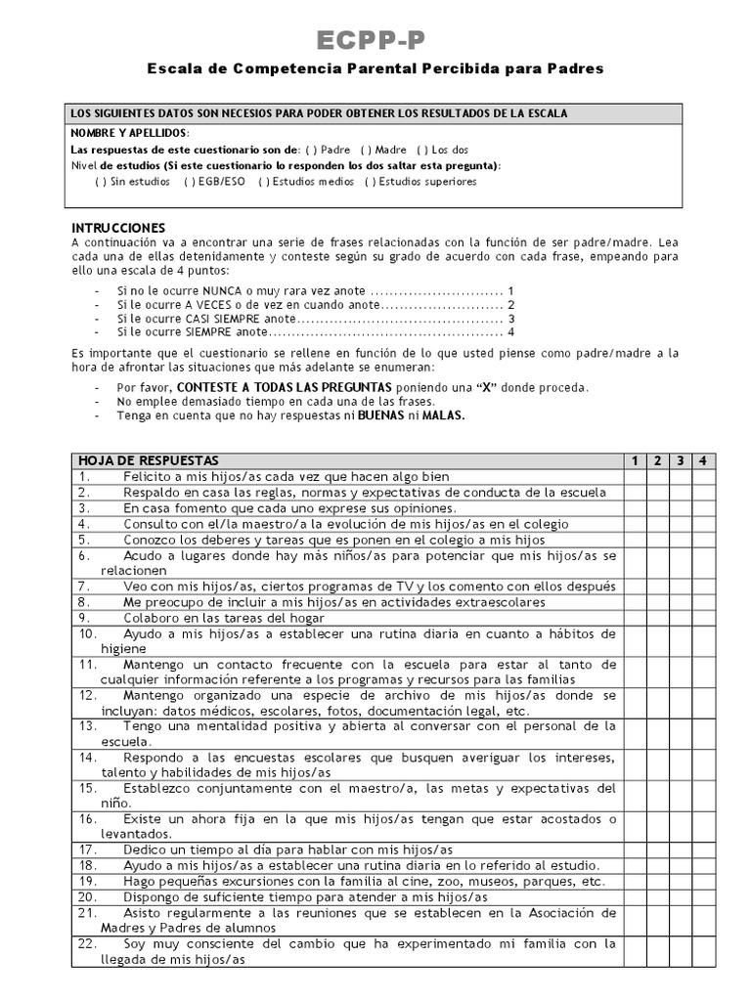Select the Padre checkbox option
(x=310, y=150)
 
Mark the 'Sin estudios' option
(x=100, y=181)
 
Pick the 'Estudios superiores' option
(x=370, y=181)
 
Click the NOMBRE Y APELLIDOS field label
(x=130, y=133)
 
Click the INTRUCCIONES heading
(x=117, y=227)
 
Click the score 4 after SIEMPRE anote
(x=511, y=332)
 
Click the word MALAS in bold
(x=444, y=415)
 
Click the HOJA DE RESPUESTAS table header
(x=149, y=460)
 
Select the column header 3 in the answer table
(x=681, y=460)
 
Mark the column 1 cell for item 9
(x=635, y=618)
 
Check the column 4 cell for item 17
(x=704, y=849)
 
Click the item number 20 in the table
(x=86, y=896)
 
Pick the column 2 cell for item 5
(x=658, y=540)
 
